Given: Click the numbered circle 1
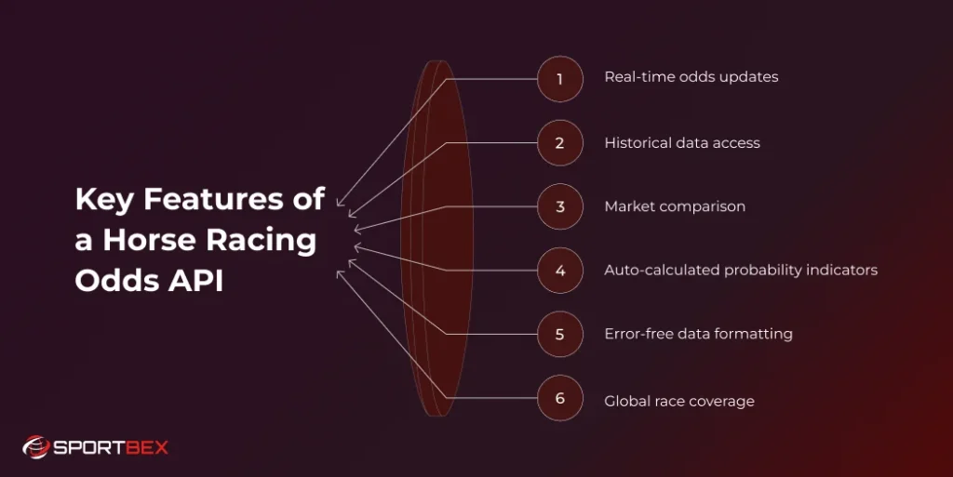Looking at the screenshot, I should (x=560, y=79).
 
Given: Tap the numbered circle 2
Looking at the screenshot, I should (x=560, y=143).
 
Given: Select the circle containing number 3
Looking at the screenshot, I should (x=560, y=206).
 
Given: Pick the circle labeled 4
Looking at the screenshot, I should (x=560, y=271).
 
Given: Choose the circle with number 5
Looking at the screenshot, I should (x=560, y=334).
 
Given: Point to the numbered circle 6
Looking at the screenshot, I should (x=560, y=398).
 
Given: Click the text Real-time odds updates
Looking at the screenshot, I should (x=691, y=77).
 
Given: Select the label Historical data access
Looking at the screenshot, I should (x=681, y=143).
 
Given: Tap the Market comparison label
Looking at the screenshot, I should (x=674, y=206).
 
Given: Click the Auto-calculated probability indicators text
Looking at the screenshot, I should (x=740, y=271).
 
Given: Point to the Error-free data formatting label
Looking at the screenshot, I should (x=698, y=334).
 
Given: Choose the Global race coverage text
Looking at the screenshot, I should (x=678, y=402).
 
